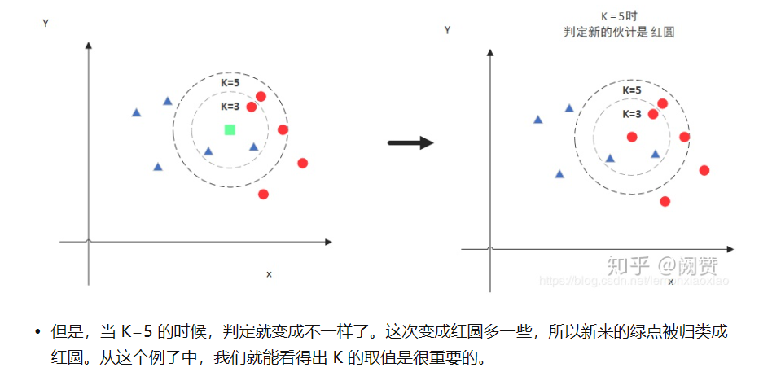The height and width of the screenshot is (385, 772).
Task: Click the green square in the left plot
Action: pyautogui.click(x=230, y=129)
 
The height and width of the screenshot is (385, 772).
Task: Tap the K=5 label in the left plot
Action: pyautogui.click(x=230, y=83)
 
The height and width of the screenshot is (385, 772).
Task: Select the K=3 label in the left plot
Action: pyautogui.click(x=230, y=107)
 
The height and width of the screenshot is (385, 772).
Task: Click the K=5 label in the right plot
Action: pyautogui.click(x=631, y=90)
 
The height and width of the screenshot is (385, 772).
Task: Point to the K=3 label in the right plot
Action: pyautogui.click(x=631, y=114)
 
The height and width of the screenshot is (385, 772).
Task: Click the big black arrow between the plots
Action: pyautogui.click(x=410, y=142)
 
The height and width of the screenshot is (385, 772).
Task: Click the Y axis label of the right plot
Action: pyautogui.click(x=447, y=30)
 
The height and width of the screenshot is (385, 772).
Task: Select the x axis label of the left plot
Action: pyautogui.click(x=269, y=274)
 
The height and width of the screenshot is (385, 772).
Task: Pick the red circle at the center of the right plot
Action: pyautogui.click(x=632, y=137)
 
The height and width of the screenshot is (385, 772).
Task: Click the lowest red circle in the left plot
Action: pyautogui.click(x=263, y=194)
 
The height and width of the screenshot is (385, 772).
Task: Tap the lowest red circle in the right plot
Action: pyautogui.click(x=665, y=201)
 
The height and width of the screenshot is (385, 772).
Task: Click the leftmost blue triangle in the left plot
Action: pyautogui.click(x=136, y=112)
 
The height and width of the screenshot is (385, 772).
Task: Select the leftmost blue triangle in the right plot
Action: pyautogui.click(x=537, y=120)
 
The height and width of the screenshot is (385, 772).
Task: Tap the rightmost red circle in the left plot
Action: pyautogui.click(x=303, y=163)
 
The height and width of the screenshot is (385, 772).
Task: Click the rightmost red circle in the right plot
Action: pyautogui.click(x=704, y=170)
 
